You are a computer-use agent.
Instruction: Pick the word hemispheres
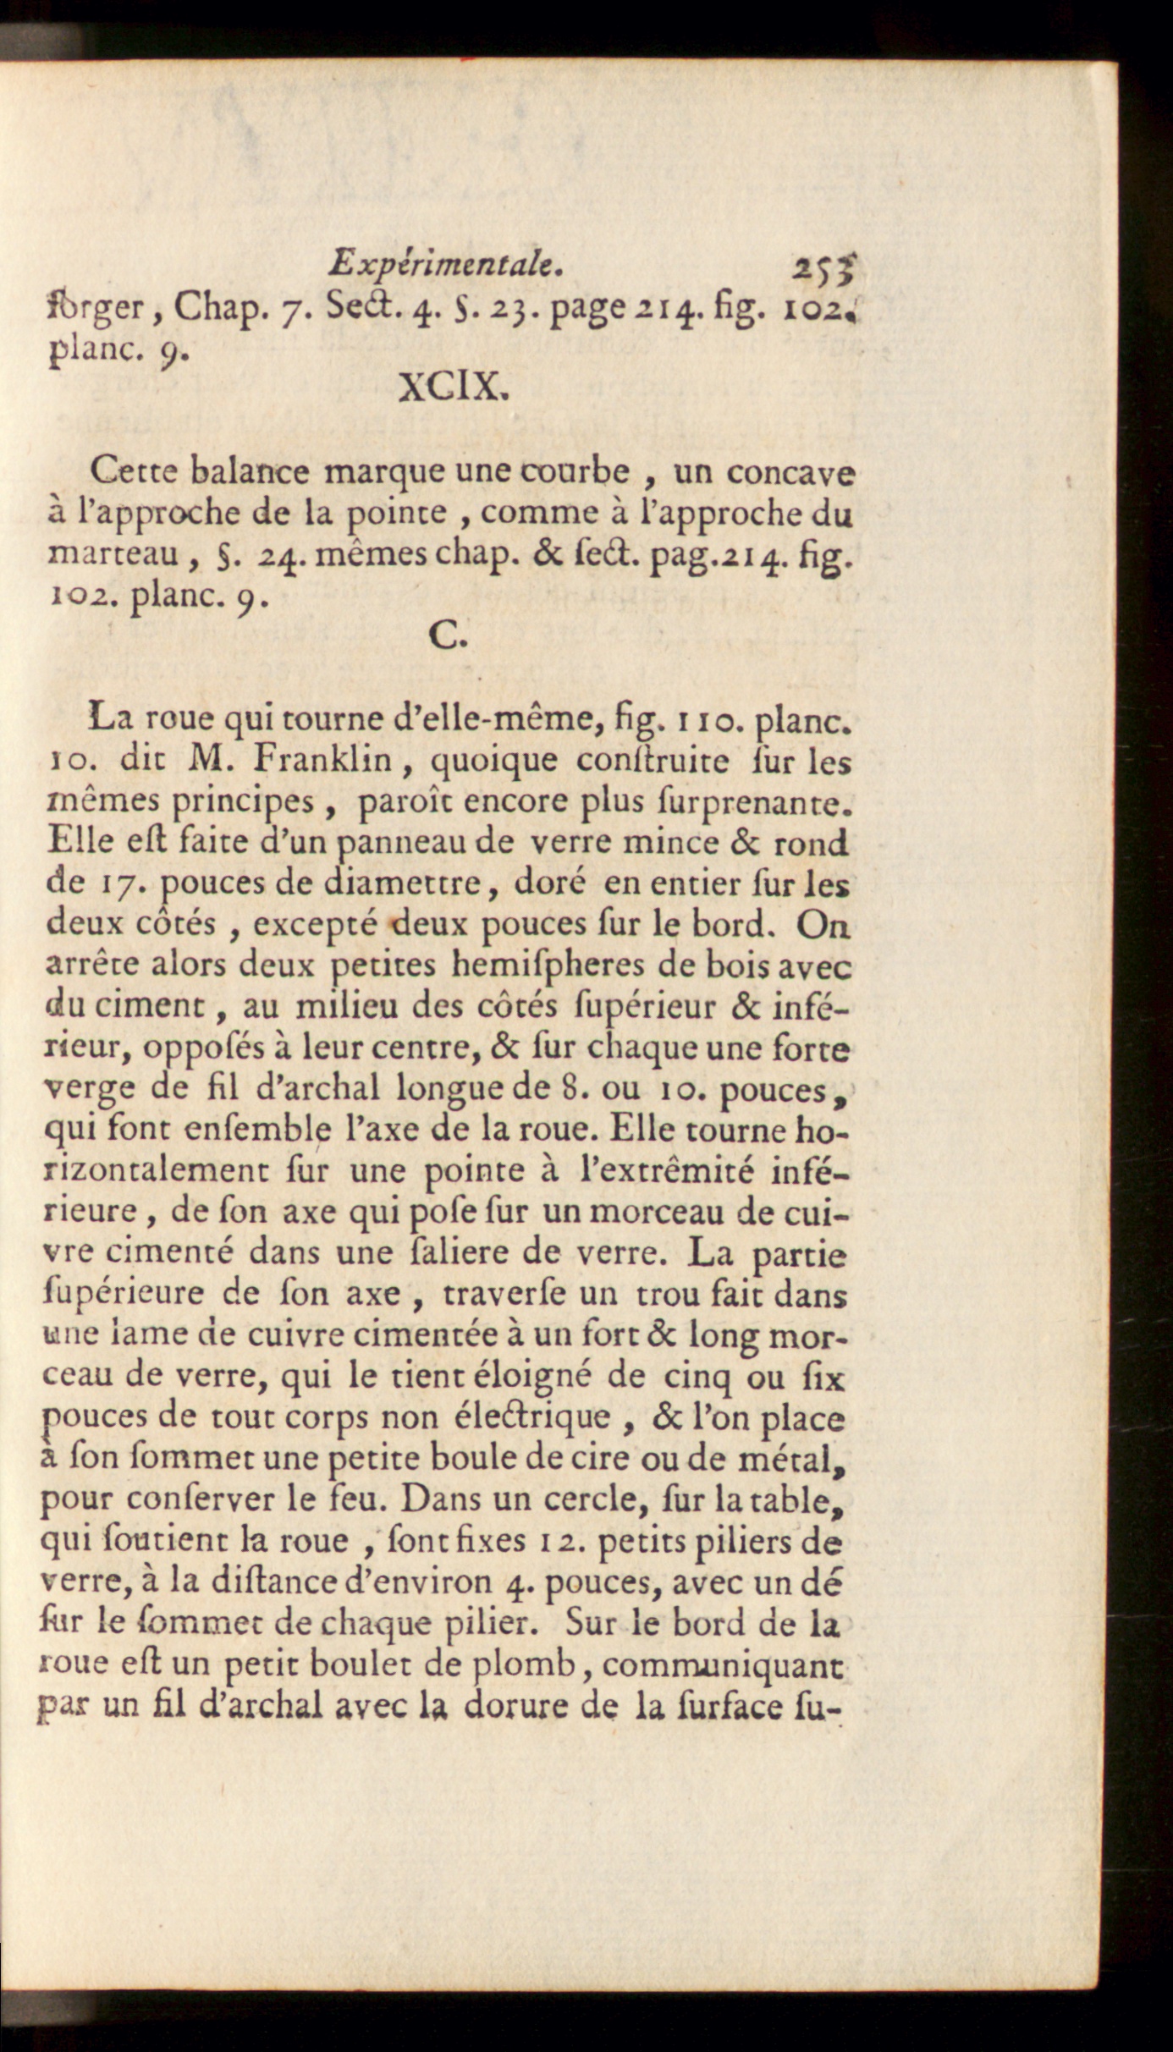click(530, 965)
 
